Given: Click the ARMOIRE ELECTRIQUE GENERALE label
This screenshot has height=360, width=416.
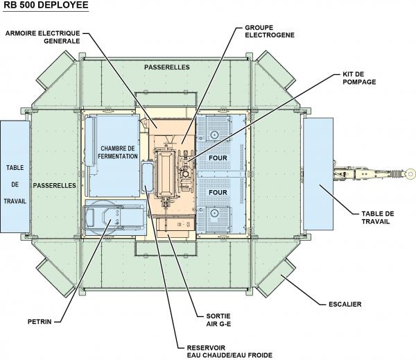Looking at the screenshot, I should pyautogui.click(x=42, y=37).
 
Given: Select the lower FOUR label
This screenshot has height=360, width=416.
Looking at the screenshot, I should pyautogui.click(x=218, y=191).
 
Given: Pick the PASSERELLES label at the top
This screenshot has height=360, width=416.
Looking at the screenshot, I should pyautogui.click(x=164, y=67).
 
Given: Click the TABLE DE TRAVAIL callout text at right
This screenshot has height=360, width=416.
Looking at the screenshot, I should pyautogui.click(x=379, y=217).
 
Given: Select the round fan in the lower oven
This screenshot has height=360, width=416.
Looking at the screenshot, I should pyautogui.click(x=215, y=214).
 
